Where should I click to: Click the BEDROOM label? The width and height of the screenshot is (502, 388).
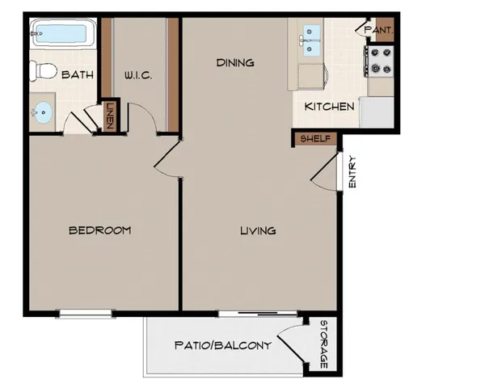(x=99, y=230)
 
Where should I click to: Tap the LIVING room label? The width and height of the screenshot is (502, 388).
(x=258, y=230)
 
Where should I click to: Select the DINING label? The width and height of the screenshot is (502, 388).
(x=235, y=62)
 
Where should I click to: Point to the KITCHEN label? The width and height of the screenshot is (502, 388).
(x=329, y=107)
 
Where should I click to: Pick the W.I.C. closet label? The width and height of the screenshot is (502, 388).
(x=138, y=75)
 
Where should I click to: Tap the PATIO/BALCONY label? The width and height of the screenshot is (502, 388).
(x=222, y=345)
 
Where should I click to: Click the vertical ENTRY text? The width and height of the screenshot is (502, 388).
(x=352, y=172)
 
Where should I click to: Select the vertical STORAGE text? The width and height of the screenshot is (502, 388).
(x=323, y=345)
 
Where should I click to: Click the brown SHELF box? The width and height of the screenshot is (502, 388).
(x=314, y=138)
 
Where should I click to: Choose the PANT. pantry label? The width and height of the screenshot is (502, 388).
(x=378, y=30)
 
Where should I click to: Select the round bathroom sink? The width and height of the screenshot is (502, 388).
(x=44, y=112)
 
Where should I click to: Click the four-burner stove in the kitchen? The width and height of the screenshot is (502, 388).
(x=379, y=60)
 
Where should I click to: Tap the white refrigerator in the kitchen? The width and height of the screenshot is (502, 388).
(x=377, y=112)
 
